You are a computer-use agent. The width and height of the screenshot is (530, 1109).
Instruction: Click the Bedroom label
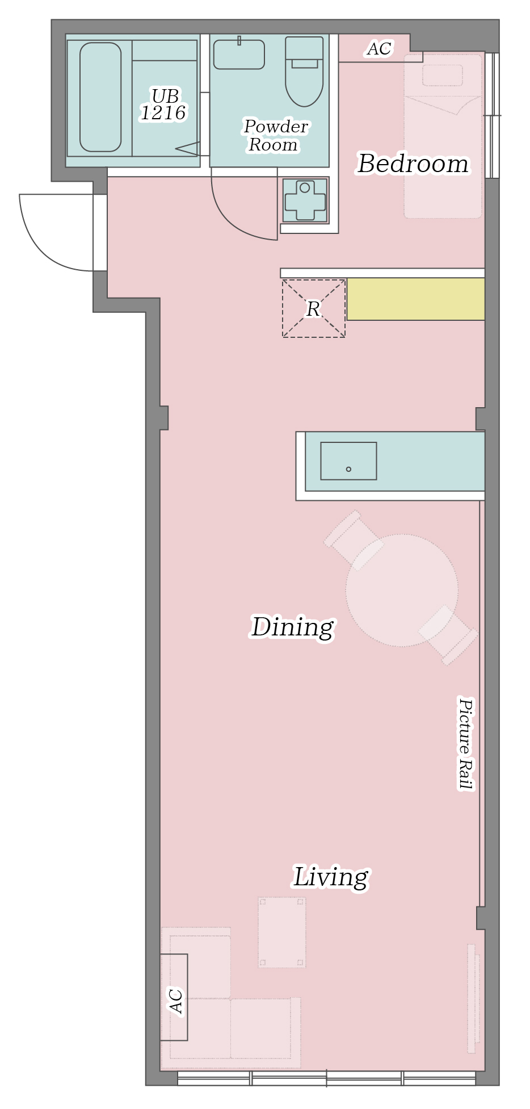tap(413, 164)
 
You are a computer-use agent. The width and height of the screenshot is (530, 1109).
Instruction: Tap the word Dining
tap(292, 627)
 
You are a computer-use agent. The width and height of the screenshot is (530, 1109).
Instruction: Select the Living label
tap(331, 877)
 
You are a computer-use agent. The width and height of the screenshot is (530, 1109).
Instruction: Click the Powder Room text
tap(275, 135)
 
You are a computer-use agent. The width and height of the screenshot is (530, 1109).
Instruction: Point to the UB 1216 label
tap(163, 104)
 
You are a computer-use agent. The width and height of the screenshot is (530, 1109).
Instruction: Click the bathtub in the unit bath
tap(100, 97)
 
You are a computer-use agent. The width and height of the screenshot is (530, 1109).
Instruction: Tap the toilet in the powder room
tap(304, 72)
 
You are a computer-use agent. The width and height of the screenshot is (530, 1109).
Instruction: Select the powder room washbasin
tap(239, 55)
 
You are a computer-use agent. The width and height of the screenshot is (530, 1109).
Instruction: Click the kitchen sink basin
tap(348, 461)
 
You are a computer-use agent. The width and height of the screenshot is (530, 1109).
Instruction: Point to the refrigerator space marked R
tap(314, 309)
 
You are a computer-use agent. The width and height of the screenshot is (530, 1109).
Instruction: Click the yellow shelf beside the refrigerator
tap(416, 299)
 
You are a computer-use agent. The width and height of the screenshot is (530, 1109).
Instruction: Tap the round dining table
tap(402, 591)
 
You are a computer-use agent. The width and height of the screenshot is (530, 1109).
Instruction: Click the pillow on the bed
tap(443, 75)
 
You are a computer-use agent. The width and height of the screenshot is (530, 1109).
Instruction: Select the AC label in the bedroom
tap(379, 49)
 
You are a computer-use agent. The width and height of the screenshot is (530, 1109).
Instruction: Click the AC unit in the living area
tap(174, 997)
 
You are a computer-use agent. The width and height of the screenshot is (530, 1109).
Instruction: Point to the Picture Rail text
tap(465, 744)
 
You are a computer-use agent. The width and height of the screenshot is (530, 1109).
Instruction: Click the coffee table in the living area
tap(282, 932)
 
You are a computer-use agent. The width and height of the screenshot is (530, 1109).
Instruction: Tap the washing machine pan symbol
tap(305, 200)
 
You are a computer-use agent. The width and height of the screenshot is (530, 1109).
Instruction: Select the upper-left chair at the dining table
tap(353, 539)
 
